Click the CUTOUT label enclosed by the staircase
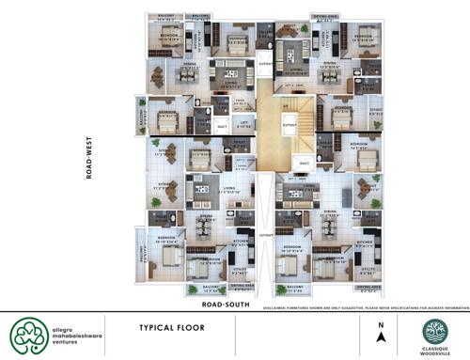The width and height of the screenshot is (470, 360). point(290,123)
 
